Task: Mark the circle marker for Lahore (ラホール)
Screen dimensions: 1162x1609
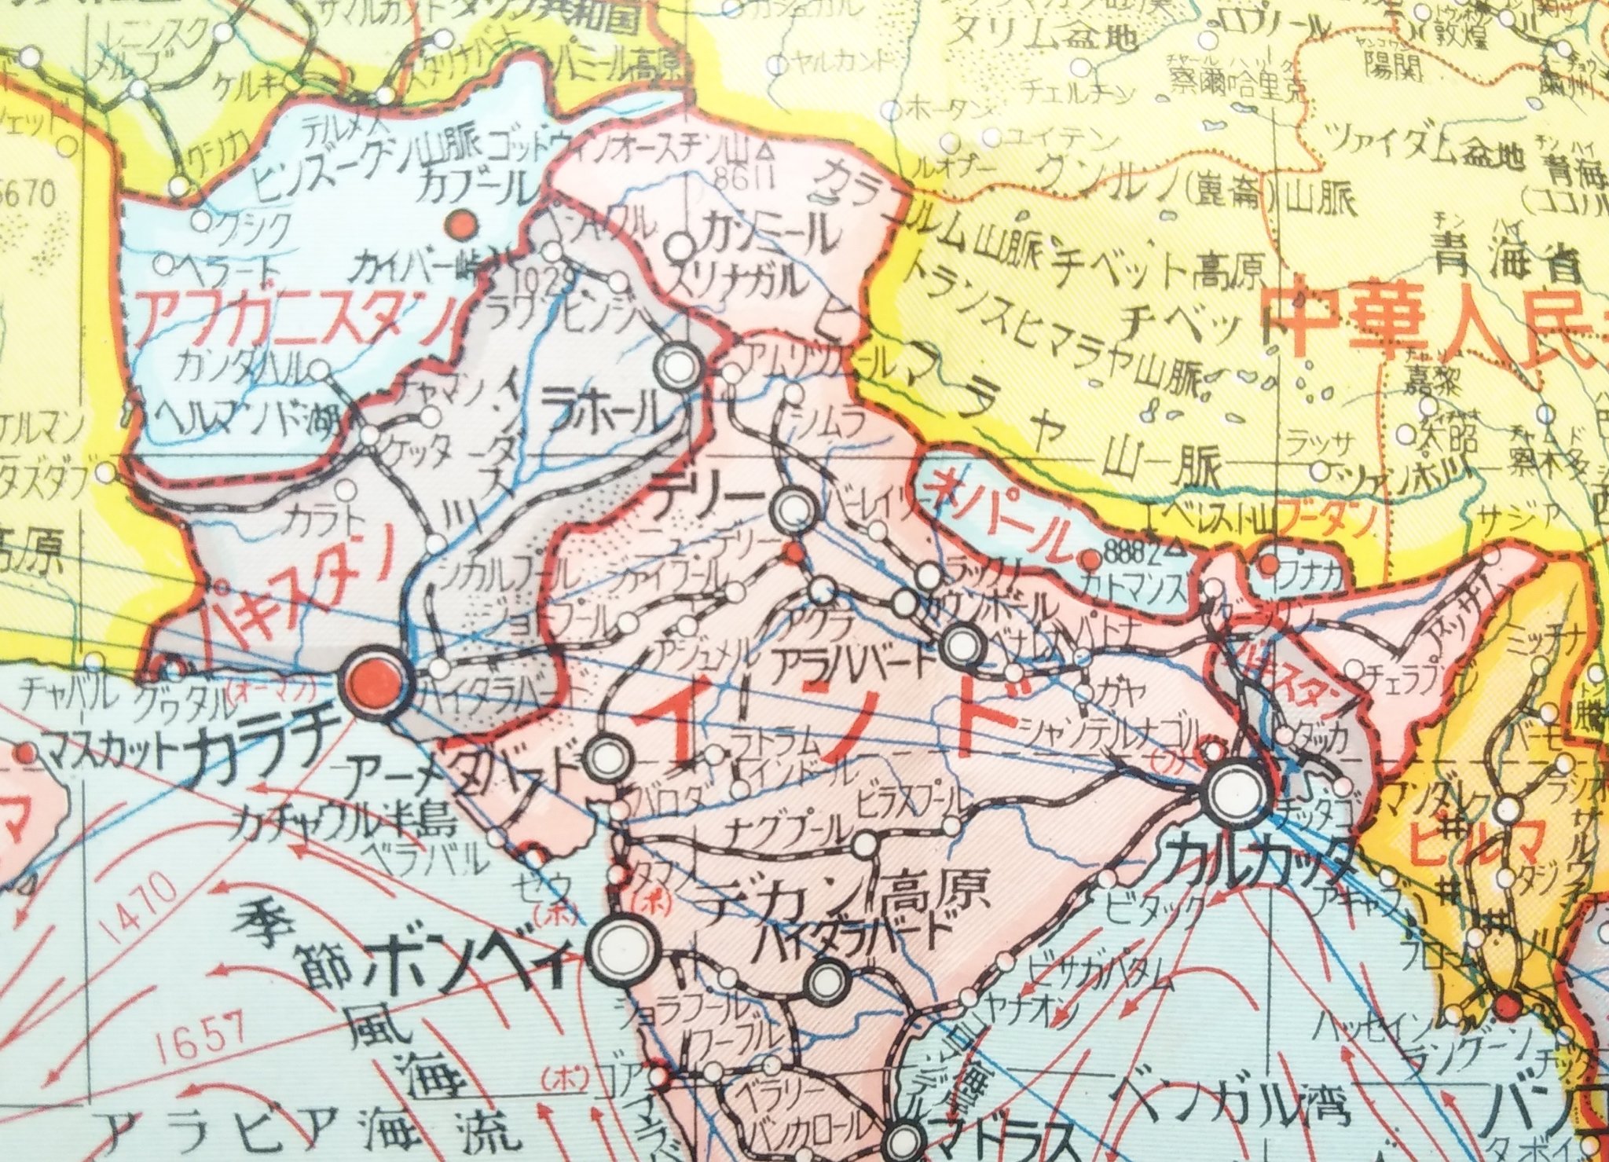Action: pos(677,365)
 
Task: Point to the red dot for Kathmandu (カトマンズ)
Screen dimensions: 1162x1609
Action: pos(1090,560)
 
